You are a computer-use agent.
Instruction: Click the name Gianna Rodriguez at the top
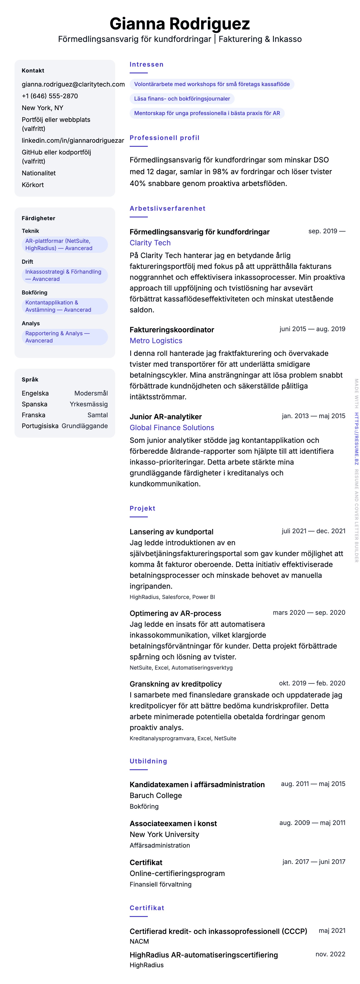click(x=180, y=24)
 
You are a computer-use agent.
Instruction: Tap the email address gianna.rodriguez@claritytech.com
click(x=73, y=84)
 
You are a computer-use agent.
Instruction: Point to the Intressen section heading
click(x=146, y=65)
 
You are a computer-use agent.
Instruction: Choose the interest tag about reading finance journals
click(x=182, y=99)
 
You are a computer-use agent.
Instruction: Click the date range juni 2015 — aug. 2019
click(x=312, y=329)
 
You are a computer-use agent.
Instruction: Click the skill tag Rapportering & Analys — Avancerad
click(x=57, y=337)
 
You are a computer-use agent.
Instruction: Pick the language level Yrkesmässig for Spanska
click(x=89, y=404)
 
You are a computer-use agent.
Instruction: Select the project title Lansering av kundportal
click(x=171, y=532)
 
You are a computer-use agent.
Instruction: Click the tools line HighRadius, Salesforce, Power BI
click(x=172, y=597)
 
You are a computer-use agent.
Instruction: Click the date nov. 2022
click(x=330, y=954)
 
